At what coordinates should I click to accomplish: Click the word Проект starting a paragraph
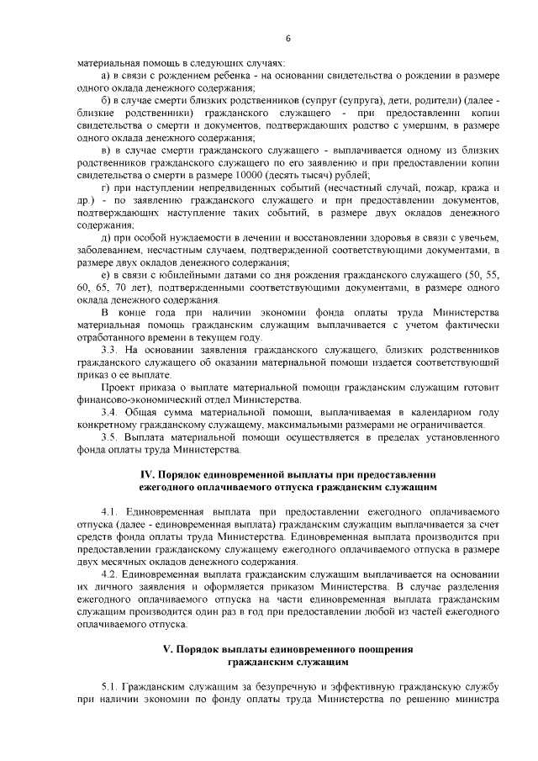116,387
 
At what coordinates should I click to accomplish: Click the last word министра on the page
478,699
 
